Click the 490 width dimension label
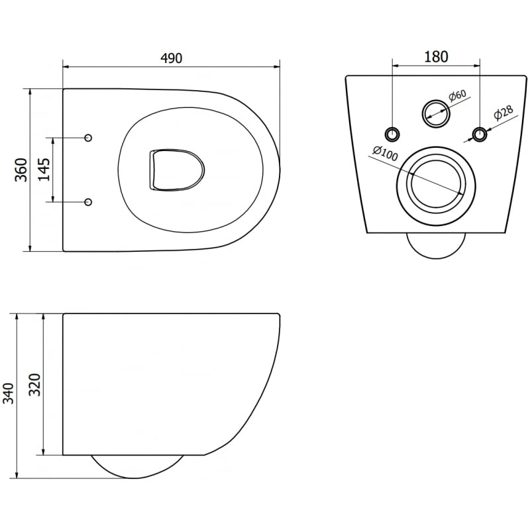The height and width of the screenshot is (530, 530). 171,58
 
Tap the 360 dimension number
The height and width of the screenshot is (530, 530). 21,170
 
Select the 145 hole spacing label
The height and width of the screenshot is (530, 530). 43,170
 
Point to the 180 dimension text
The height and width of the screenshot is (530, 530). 435,56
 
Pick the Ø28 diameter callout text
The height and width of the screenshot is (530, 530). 502,114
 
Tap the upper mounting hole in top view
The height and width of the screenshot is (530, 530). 89,137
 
